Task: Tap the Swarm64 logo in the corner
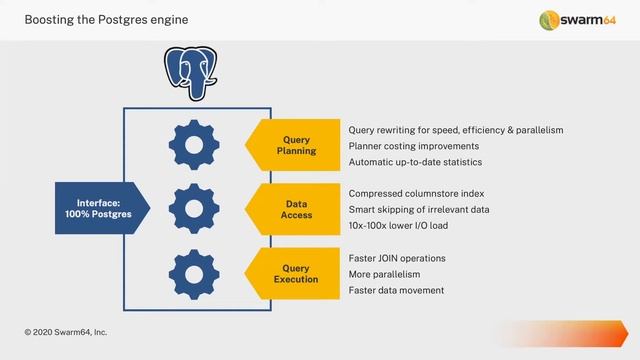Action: tap(579, 20)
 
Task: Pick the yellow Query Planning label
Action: tap(296, 146)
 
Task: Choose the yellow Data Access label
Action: tap(296, 208)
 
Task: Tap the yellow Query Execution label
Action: tap(296, 273)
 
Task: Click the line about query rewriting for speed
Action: tap(456, 130)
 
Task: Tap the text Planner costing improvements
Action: tap(413, 146)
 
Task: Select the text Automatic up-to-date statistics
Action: tap(415, 162)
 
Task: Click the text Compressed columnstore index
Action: tap(415, 193)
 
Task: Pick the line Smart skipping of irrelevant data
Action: tap(419, 209)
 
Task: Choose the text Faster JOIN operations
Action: tap(397, 258)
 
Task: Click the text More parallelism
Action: tap(384, 274)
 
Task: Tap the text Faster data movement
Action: tap(396, 290)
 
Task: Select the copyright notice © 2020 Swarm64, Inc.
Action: tap(66, 331)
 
